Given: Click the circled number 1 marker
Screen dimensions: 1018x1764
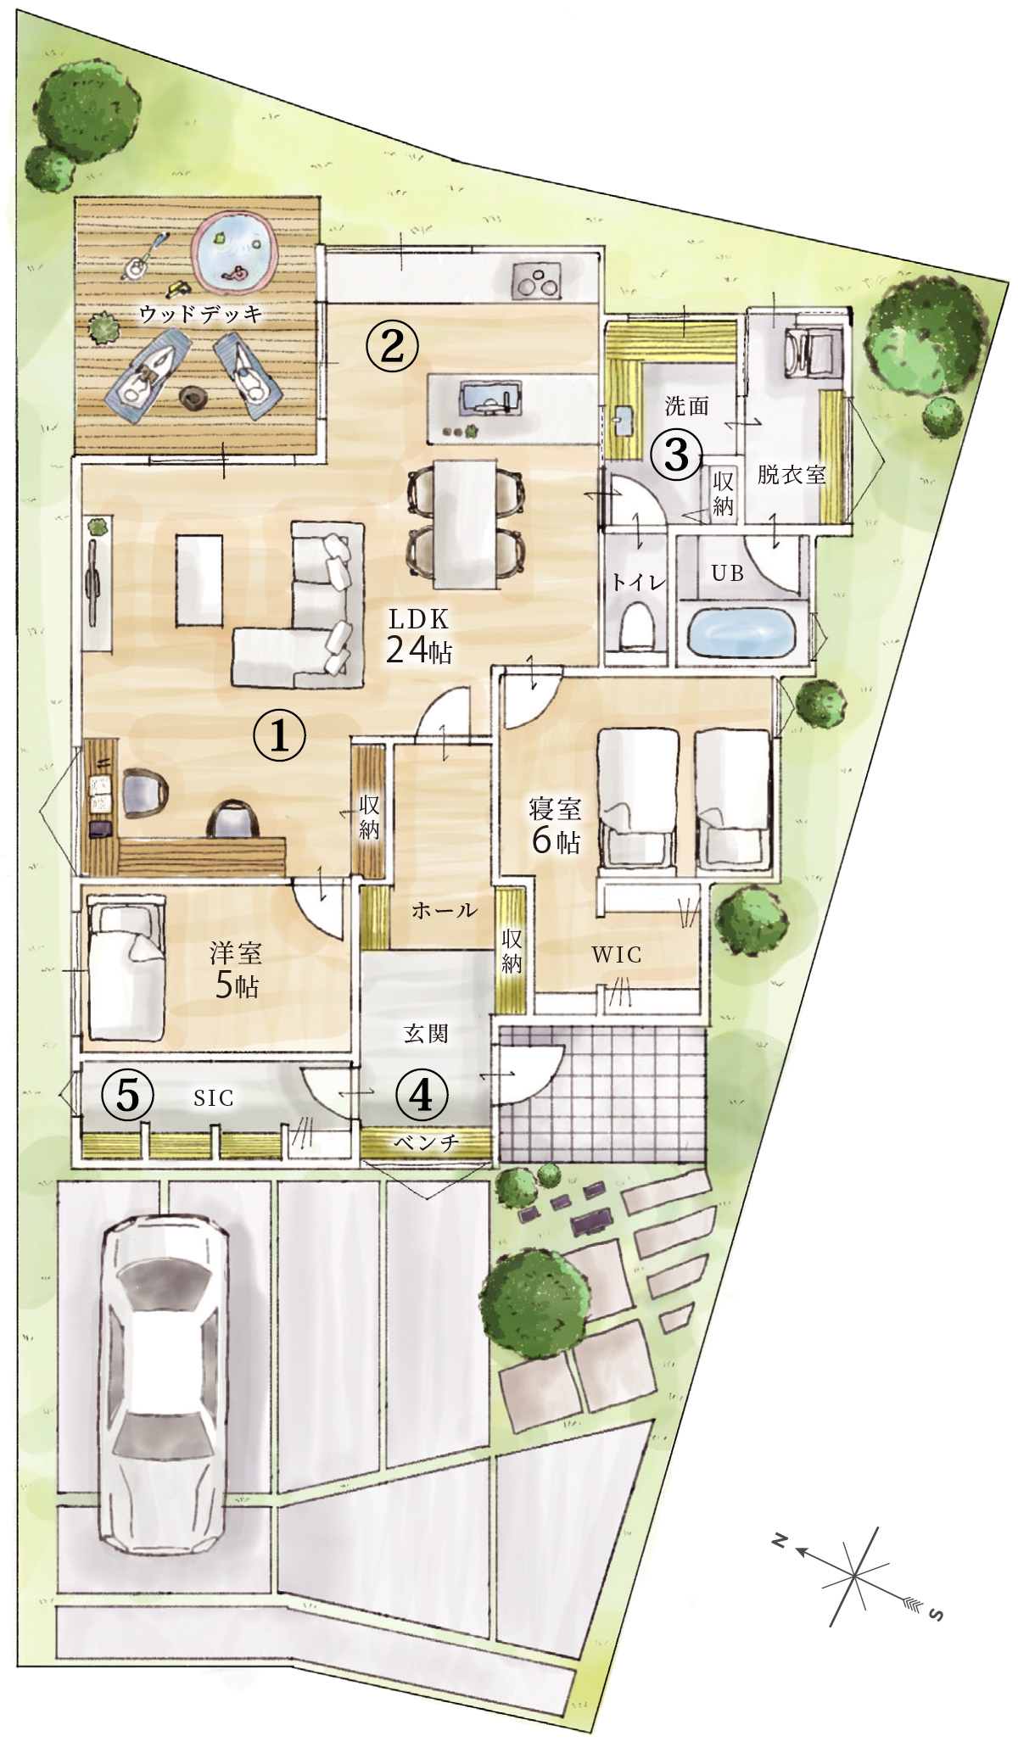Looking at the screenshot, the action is point(279,735).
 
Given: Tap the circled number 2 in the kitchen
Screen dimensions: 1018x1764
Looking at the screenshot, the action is point(392,344).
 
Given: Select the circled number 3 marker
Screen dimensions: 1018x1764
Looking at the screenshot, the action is point(676,455).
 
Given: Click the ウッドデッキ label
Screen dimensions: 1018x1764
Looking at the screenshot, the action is point(200,314).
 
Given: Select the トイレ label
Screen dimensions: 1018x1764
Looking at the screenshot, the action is point(639,583).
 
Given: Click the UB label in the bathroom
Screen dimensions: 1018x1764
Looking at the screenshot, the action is point(728,573).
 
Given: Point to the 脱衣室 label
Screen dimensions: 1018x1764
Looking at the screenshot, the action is point(791,474).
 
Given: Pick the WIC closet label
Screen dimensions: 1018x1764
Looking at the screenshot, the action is point(617,955).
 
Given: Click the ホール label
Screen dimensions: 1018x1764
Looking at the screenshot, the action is point(444,911).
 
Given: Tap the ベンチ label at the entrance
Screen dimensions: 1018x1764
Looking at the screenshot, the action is point(426,1142).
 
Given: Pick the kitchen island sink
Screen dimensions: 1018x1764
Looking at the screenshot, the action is point(489,397).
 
